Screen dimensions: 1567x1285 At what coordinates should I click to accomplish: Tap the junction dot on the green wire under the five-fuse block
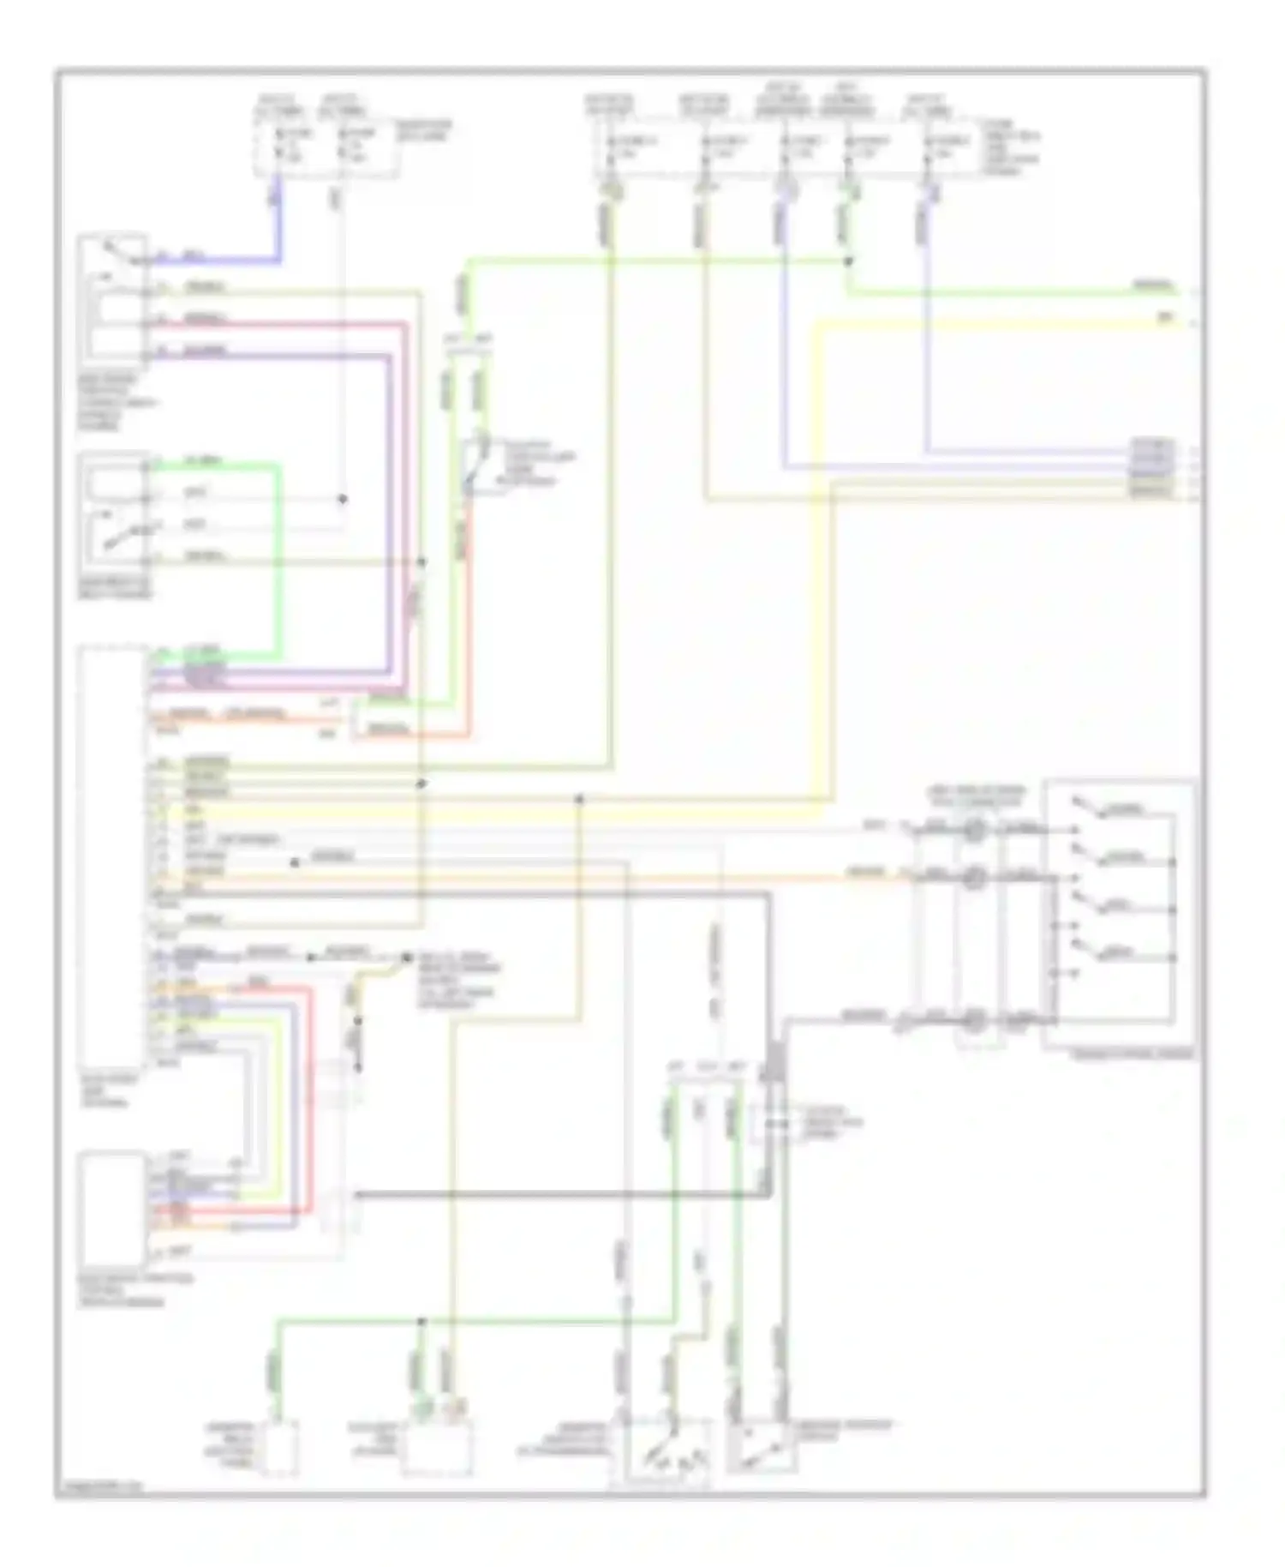[848, 261]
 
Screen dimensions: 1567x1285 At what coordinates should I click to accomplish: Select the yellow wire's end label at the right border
[1165, 318]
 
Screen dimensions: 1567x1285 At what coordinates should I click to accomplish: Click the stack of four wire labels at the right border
[1152, 468]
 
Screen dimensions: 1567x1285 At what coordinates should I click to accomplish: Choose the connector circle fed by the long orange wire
[974, 876]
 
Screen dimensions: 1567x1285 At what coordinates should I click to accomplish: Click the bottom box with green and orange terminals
[437, 1449]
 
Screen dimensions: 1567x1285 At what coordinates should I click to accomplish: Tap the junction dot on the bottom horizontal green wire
[421, 1321]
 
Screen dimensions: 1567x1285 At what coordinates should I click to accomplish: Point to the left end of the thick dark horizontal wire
[357, 1194]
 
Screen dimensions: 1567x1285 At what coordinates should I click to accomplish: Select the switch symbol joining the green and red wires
[476, 467]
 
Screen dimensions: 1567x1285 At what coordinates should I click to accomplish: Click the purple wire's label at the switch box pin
[206, 351]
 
